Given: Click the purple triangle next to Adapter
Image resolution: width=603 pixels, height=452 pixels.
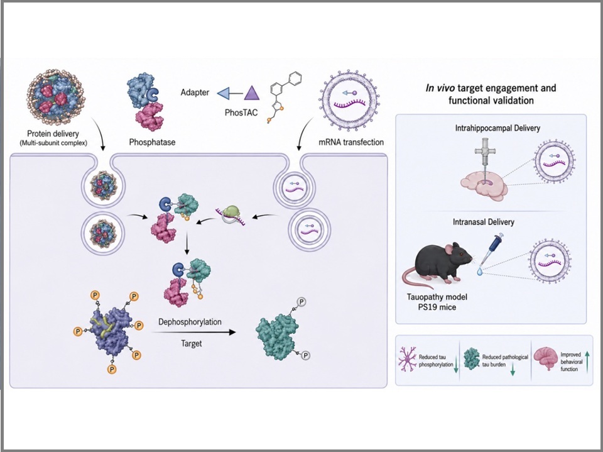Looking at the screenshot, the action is point(252,93).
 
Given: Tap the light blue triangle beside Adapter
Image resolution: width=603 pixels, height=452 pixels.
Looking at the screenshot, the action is point(224,93).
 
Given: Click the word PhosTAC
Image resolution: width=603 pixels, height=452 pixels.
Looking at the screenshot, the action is point(241,113).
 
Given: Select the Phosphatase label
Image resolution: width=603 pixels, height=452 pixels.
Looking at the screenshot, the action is point(152,142).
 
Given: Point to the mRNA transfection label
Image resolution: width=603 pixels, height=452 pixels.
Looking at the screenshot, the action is point(351,142).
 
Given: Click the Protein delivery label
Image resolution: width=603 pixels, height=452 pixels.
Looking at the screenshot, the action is point(53,134).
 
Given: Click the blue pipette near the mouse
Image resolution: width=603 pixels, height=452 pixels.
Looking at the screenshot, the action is point(492,247).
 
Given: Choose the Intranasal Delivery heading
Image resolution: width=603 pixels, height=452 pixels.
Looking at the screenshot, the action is point(484,222).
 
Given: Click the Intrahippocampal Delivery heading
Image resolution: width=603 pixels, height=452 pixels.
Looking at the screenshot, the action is point(497,128).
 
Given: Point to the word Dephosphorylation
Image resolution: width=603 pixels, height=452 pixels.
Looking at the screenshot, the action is point(190,321).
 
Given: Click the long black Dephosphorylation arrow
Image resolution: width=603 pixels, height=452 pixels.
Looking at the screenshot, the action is point(193,332).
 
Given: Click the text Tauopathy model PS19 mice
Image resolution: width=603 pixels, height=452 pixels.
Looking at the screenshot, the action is point(437,302).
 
